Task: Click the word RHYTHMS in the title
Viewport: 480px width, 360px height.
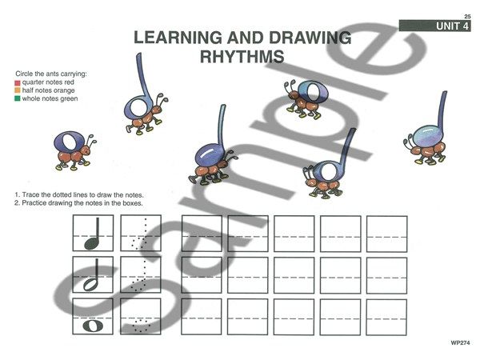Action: pyautogui.click(x=242, y=56)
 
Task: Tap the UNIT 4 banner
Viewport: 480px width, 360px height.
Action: pyautogui.click(x=434, y=26)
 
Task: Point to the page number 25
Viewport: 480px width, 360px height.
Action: pyautogui.click(x=467, y=17)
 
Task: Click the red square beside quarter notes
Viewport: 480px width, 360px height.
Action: pyautogui.click(x=18, y=82)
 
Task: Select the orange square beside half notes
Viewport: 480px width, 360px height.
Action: pyautogui.click(x=18, y=90)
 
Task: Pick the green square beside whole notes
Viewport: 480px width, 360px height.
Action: pyautogui.click(x=18, y=98)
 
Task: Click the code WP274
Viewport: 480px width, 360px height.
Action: pyautogui.click(x=460, y=343)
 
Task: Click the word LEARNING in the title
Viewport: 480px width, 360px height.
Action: pyautogui.click(x=178, y=38)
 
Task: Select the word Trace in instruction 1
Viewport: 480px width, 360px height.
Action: pyautogui.click(x=30, y=195)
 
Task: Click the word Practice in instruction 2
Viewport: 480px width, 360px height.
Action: pyautogui.click(x=34, y=203)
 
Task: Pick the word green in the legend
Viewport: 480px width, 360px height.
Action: pyautogui.click(x=69, y=99)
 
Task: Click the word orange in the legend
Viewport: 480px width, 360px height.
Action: pyautogui.click(x=64, y=90)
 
